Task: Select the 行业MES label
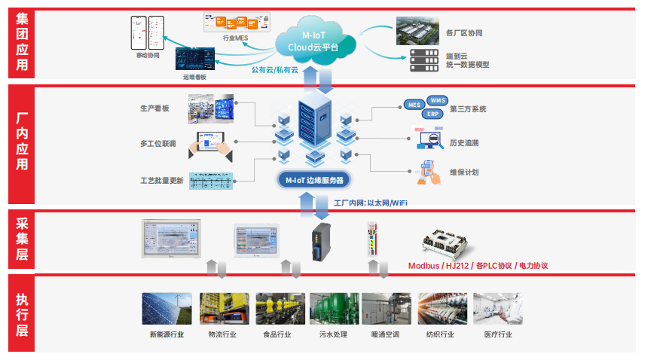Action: click(235, 37)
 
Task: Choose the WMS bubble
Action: click(438, 100)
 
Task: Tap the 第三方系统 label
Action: click(467, 109)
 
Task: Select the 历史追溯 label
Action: click(464, 142)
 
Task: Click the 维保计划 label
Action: click(464, 172)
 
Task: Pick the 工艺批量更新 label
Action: click(161, 181)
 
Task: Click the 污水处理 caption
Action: click(332, 334)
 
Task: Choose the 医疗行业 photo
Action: click(497, 309)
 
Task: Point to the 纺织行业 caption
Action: click(440, 334)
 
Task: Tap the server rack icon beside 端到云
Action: click(423, 59)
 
